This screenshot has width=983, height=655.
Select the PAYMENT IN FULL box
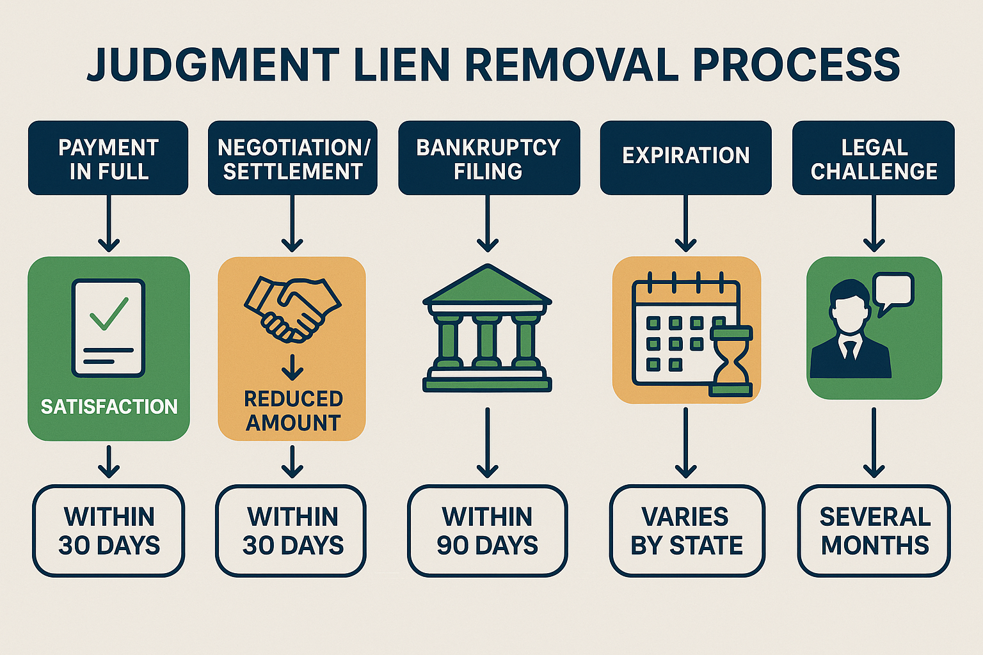(108, 158)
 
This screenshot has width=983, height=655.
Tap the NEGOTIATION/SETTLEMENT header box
(292, 158)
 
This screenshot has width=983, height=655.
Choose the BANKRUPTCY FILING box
(488, 158)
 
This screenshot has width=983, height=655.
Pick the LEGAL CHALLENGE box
(873, 158)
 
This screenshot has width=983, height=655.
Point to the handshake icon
(292, 308)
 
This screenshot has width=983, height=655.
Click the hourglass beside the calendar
(731, 361)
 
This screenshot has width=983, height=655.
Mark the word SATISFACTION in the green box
(109, 407)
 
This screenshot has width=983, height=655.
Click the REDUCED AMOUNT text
(293, 411)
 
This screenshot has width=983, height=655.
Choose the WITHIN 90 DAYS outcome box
(487, 531)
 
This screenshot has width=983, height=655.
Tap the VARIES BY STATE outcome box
(687, 531)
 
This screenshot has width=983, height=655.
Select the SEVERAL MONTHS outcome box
(874, 531)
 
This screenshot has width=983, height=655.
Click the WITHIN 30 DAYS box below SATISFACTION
(109, 531)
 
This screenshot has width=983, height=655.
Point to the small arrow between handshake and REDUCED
(292, 367)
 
